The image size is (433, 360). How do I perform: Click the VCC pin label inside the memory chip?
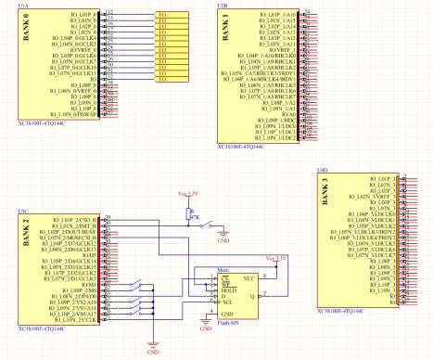[x=249, y=277]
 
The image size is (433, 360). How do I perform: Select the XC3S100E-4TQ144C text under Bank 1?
[x=240, y=147]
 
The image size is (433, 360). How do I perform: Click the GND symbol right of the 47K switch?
[x=222, y=237]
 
